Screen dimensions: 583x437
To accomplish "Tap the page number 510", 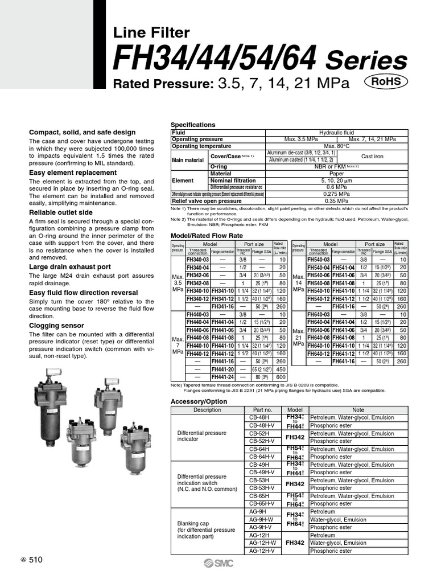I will point(35,560).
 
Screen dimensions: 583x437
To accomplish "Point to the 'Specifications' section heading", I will point(193,125).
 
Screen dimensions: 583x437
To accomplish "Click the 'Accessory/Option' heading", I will point(199,401).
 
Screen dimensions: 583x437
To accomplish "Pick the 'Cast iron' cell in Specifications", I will point(373,157).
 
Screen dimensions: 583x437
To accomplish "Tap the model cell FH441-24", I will point(222,377).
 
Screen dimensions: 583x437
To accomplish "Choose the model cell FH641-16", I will point(344,361).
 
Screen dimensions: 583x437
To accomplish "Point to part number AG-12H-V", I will point(262,551).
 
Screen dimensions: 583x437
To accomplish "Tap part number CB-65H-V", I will point(262,504).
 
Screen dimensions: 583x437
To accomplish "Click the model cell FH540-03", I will point(319,259).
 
